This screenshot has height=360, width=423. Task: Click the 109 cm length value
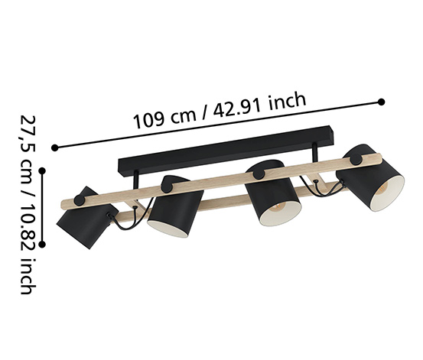click(164, 118)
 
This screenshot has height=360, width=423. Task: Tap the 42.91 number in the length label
click(237, 107)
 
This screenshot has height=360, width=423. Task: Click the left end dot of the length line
click(55, 148)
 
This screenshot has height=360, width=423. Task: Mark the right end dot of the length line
click(381, 102)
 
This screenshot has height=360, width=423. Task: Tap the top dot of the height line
click(42, 170)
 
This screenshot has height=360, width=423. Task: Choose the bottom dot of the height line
click(42, 244)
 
